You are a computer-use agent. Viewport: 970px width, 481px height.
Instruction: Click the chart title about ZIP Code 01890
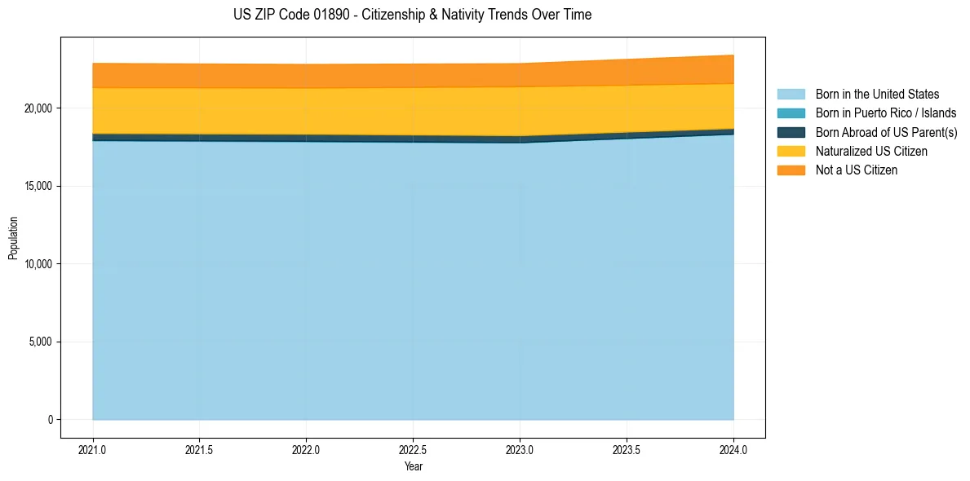(413, 15)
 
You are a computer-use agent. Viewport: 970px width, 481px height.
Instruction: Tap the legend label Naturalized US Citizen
(871, 152)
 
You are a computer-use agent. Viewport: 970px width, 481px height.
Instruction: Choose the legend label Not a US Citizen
(856, 170)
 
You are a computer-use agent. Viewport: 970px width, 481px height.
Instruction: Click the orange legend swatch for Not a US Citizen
(791, 170)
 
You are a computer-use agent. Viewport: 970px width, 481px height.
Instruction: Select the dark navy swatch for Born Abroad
(791, 132)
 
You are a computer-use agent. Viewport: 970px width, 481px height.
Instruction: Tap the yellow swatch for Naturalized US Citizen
(791, 152)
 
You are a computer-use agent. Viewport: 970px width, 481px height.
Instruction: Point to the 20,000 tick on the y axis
(38, 108)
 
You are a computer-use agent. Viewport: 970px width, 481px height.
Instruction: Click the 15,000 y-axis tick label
(38, 186)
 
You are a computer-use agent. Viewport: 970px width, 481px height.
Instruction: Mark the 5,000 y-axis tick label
(40, 342)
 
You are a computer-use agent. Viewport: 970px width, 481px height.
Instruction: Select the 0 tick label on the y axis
(50, 420)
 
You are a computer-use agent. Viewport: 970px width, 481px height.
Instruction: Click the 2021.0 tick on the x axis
(92, 449)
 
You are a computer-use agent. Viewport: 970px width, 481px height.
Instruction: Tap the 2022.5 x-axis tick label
(413, 449)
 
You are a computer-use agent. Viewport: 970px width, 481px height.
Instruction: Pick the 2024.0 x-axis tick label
(733, 449)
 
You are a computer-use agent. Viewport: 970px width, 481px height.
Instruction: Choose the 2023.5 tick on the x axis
(627, 449)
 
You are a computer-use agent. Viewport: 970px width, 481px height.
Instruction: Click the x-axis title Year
(413, 466)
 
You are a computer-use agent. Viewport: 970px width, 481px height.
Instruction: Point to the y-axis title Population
(13, 238)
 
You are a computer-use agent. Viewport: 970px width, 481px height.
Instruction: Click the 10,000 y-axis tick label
(38, 264)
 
